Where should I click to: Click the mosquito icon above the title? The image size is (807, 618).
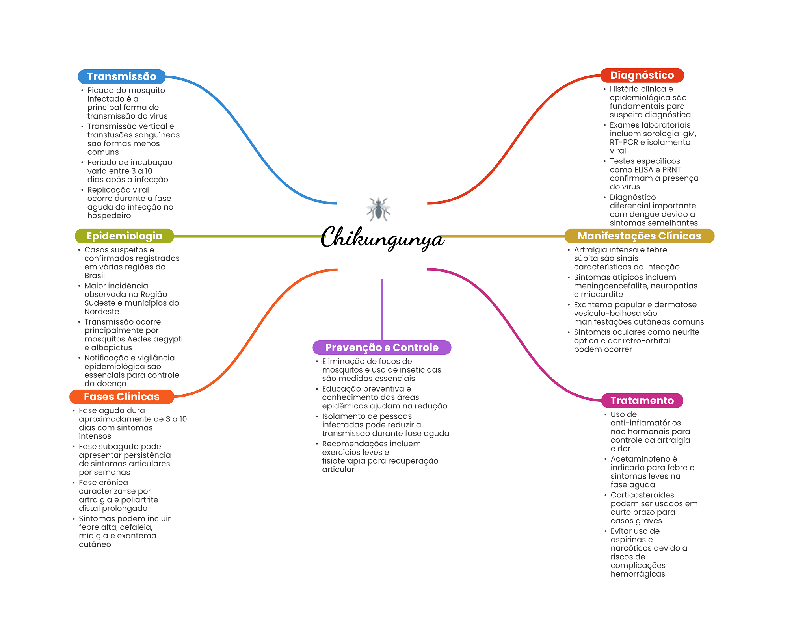378,209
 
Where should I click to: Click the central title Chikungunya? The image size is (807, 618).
382,238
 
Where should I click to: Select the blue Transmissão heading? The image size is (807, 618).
122,76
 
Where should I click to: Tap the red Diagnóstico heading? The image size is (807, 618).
642,75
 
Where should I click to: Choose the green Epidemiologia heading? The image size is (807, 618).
124,236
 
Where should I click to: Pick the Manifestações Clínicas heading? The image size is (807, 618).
639,236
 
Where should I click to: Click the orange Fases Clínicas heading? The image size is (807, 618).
121,397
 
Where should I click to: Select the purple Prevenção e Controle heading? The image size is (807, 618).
381,347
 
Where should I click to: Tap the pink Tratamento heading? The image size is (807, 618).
642,401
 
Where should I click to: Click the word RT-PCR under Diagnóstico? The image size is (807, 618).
624,142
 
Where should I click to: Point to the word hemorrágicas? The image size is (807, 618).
638,574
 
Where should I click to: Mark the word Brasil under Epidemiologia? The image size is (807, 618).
95,276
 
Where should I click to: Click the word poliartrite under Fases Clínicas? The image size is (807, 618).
139,500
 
